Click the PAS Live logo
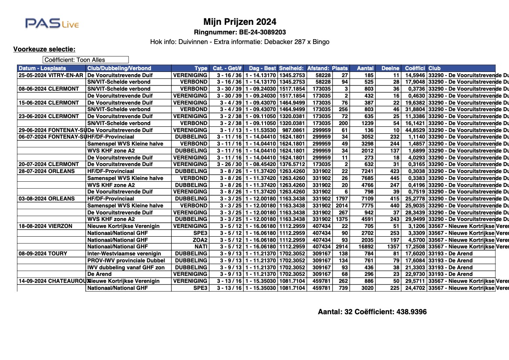point(52,23)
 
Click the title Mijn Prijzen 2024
point(239,22)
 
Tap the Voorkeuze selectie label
point(44,49)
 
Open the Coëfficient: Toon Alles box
point(86,60)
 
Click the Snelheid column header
point(292,68)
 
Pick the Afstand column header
point(318,68)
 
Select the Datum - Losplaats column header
point(42,68)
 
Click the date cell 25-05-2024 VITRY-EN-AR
point(51,75)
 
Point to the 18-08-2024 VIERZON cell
point(45,226)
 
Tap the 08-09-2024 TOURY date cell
point(43,253)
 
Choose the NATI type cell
point(200,247)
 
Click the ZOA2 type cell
point(199,240)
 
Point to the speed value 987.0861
point(292,130)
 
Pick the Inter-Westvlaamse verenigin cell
point(124,253)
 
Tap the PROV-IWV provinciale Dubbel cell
point(126,260)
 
